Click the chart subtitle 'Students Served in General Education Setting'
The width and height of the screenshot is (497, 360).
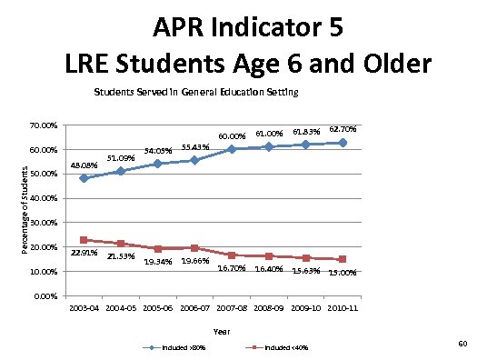tap(196, 93)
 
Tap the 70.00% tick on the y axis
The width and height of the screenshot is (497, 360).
tap(45, 125)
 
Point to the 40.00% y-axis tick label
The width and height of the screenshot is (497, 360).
tap(45, 198)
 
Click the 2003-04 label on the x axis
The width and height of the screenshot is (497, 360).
tap(84, 310)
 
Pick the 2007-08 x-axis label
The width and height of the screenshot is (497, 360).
tap(232, 310)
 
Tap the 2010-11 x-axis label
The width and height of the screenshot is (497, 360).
tap(343, 310)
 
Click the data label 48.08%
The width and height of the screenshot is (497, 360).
tap(84, 165)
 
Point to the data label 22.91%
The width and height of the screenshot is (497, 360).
tap(84, 253)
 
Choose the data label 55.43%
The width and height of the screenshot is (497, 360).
tap(195, 146)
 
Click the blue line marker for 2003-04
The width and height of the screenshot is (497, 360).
tap(84, 178)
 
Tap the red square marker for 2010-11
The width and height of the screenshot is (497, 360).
tap(343, 259)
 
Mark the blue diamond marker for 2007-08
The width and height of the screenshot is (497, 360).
tap(232, 149)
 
